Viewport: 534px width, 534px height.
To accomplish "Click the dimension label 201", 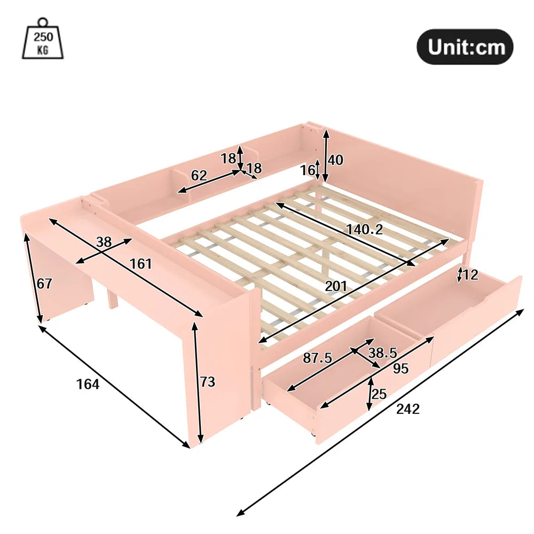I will click(x=336, y=286).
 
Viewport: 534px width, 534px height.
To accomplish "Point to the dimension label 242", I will click(x=408, y=409).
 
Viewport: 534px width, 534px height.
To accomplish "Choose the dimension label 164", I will click(x=88, y=384).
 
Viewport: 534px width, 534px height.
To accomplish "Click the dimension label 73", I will click(x=208, y=382).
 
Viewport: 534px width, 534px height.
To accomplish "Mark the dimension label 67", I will click(x=45, y=284).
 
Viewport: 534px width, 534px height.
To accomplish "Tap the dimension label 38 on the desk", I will click(x=104, y=242).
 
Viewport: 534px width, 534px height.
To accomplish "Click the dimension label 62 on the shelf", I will click(x=199, y=175).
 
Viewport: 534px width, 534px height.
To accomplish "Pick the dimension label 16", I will click(x=308, y=170).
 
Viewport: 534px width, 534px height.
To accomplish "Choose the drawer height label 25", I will click(x=379, y=394).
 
